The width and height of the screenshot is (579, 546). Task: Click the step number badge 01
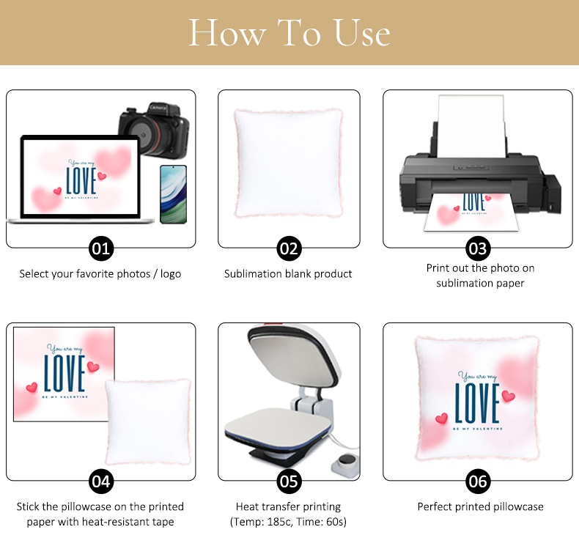(101, 248)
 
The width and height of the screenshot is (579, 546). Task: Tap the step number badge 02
(289, 248)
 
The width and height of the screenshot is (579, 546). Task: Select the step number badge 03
(478, 248)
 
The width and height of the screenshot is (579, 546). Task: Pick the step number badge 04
(101, 482)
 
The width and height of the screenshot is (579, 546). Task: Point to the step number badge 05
(289, 482)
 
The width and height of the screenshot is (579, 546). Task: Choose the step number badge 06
(478, 482)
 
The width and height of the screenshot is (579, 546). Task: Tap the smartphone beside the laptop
(173, 194)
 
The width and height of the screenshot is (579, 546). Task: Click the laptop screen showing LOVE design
(81, 177)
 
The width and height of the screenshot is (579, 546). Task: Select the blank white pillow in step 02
(288, 163)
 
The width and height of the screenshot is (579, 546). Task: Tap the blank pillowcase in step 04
(148, 421)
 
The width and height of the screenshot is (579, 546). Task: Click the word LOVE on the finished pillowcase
(477, 403)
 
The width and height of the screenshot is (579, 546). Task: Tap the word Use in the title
(362, 33)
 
